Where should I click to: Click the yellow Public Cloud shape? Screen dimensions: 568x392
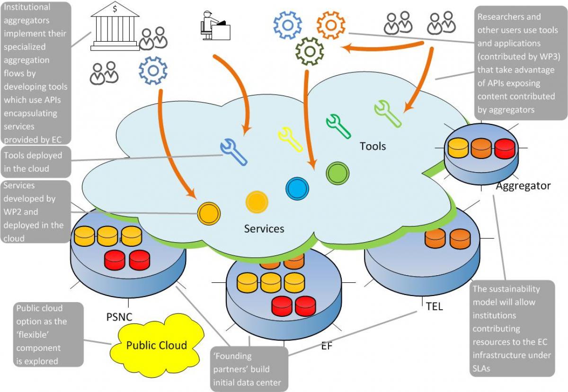pos(157,345)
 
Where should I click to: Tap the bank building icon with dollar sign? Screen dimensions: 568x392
pos(115,27)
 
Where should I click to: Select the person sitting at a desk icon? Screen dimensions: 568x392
pos(215,26)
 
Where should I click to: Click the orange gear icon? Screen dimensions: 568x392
pos(331,25)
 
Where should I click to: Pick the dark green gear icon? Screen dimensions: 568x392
pos(310,52)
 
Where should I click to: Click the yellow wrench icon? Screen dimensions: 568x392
pos(290,139)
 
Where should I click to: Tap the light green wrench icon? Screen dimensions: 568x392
pos(388,114)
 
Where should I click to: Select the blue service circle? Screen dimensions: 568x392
pos(297,189)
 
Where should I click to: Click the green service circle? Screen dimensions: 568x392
pos(337,174)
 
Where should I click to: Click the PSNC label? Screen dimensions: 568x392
pos(119,317)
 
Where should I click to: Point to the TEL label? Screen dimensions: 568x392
pos(435,306)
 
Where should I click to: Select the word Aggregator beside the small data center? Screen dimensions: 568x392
pos(524,186)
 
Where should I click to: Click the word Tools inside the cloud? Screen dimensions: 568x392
pos(373,147)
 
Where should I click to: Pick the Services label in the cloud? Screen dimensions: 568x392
pos(264,229)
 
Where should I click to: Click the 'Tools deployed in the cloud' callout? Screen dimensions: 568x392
pos(36,162)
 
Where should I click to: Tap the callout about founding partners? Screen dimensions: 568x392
pos(249,369)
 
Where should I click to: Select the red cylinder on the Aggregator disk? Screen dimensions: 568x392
pos(505,149)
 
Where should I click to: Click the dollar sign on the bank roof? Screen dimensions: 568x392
pos(115,9)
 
